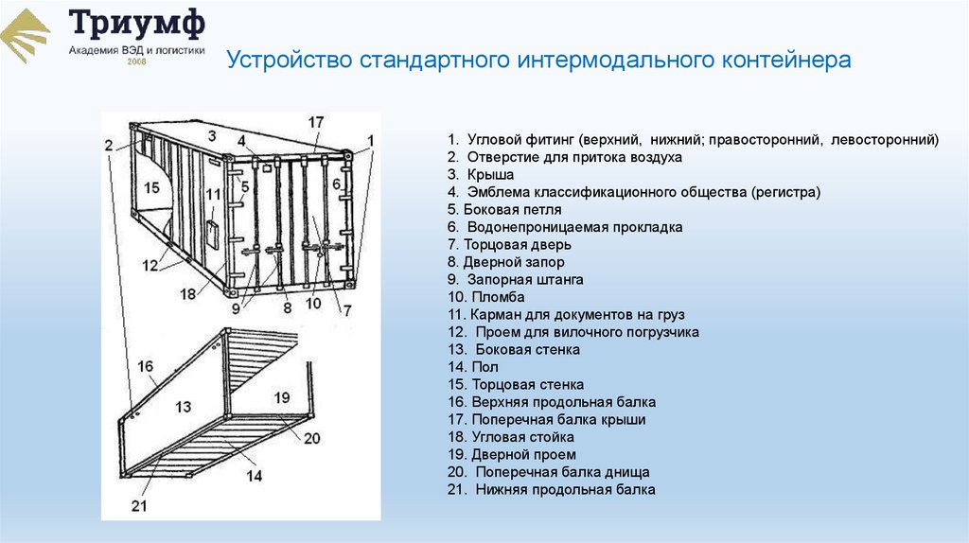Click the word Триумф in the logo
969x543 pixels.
(136, 26)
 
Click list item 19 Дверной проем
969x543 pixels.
(512, 454)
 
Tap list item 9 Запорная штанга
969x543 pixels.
(516, 280)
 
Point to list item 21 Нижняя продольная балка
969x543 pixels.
(552, 489)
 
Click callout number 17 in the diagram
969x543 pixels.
(315, 122)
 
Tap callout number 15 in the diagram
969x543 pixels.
(152, 188)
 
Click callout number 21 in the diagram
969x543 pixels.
(139, 506)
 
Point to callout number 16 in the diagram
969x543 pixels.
(145, 366)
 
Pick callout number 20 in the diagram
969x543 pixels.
(312, 437)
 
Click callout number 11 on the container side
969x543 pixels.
(213, 195)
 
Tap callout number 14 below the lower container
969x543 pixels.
(254, 476)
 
